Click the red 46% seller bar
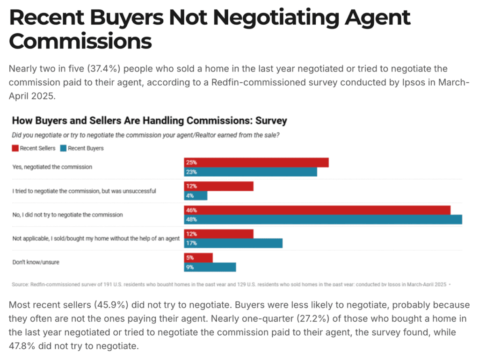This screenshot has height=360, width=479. pos(317,210)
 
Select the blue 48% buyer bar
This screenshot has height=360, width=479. pos(323,220)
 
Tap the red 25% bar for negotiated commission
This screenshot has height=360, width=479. pos(256,162)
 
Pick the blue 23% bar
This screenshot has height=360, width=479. pos(250,172)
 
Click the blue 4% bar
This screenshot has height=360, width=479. pos(196,196)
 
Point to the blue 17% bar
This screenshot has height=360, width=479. pos(233,243)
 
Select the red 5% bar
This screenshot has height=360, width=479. pos(198,258)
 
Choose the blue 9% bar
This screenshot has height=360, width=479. pos(210,267)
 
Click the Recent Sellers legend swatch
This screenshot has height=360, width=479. pos(15,148)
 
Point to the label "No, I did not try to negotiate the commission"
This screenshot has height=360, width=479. pos(67,215)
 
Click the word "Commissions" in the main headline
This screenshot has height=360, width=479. pos(80,41)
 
